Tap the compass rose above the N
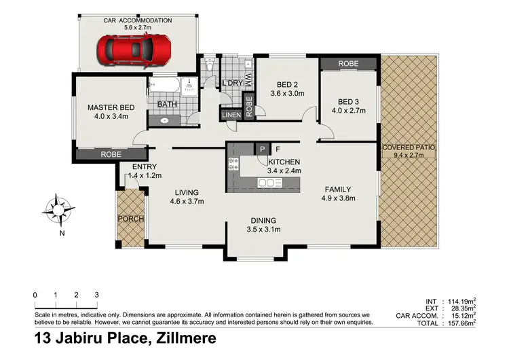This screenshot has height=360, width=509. [x=61, y=208]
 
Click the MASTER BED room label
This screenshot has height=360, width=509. [x=111, y=107]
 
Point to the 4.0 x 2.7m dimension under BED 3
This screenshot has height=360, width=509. [x=348, y=110]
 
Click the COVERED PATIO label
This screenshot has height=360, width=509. [x=408, y=147]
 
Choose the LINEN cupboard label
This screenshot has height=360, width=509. [x=231, y=115]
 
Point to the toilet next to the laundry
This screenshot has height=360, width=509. [x=211, y=65]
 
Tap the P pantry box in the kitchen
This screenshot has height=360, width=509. [x=261, y=149]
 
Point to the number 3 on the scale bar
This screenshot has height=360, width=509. [x=97, y=295]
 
